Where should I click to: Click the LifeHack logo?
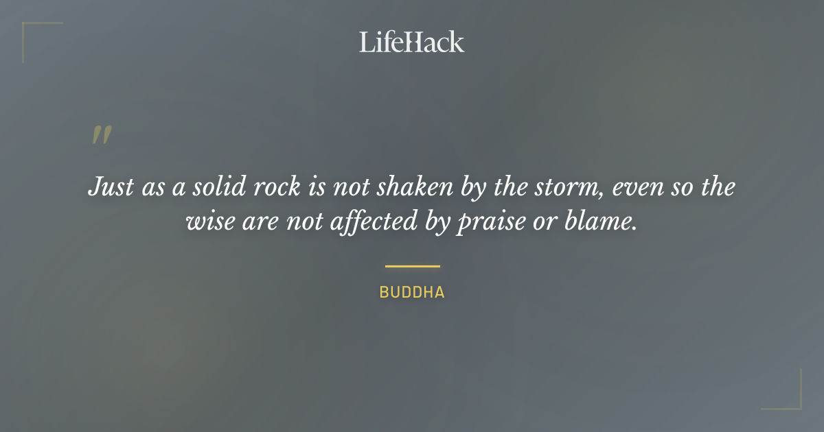pos(411,42)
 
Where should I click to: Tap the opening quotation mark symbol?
pos(102,135)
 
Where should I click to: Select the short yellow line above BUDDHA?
pos(412,266)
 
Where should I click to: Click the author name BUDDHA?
pos(412,292)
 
